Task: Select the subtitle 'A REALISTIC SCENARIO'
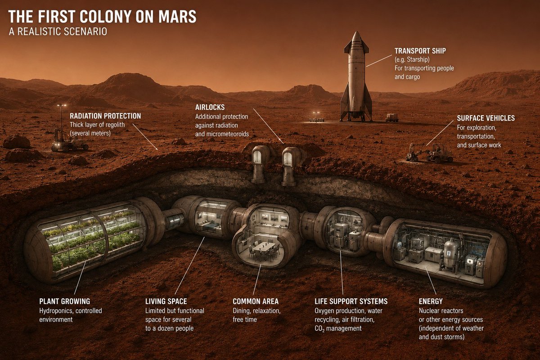point(58,32)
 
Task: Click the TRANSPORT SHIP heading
point(420,51)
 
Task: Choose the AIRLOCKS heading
point(210,107)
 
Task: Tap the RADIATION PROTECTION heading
point(105,116)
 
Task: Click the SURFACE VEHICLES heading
point(486,118)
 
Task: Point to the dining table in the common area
point(264,247)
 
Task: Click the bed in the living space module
point(211,227)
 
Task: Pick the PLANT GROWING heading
point(65,301)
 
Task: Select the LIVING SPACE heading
point(166,301)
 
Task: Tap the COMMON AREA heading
point(256,301)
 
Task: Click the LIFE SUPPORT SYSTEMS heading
point(351,301)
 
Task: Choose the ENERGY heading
point(431,301)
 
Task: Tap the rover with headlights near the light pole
point(69,142)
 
